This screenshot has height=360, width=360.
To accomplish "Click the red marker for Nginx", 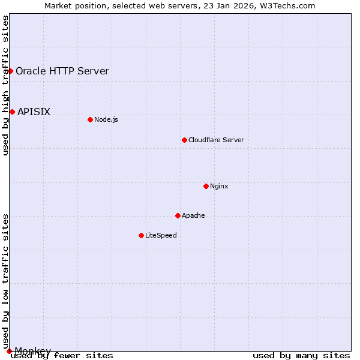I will tap(206, 186).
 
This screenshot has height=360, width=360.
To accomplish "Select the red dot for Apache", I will tap(178, 215).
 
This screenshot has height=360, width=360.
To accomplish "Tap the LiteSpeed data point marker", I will tap(141, 235).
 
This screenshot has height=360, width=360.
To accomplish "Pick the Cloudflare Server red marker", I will tap(184, 140).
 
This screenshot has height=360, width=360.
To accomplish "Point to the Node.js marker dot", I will tap(90, 119).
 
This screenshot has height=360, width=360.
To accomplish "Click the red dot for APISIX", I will tap(12, 112).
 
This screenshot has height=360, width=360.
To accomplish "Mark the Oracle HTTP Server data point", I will tap(10, 71).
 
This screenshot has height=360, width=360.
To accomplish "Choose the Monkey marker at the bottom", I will tap(9, 351).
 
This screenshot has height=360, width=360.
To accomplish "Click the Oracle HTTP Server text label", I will tap(62, 71).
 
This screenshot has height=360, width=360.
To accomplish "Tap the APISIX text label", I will tap(34, 112).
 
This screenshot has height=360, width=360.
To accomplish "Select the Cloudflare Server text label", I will tap(216, 140).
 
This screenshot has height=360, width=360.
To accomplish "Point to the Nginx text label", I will tap(219, 186).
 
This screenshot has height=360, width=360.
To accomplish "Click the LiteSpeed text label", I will tap(161, 235).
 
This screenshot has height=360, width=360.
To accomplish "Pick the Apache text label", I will tap(193, 215).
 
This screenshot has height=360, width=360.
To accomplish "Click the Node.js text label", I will tap(106, 119).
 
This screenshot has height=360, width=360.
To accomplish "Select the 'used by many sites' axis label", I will tap(301, 356).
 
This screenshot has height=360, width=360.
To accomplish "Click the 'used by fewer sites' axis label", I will tap(62, 356).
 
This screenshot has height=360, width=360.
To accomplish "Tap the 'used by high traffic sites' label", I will tap(6, 85).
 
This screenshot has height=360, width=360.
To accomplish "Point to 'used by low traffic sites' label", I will tap(6, 281).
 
